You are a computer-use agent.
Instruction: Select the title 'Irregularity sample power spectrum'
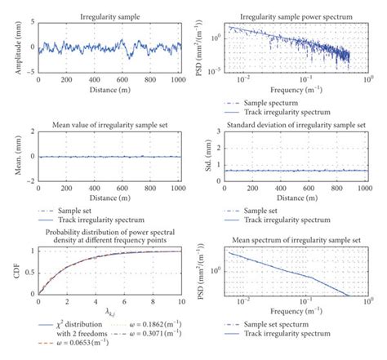point(287,16)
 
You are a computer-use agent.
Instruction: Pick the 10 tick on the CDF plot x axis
point(180,303)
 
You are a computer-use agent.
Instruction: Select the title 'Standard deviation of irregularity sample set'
point(287,124)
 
